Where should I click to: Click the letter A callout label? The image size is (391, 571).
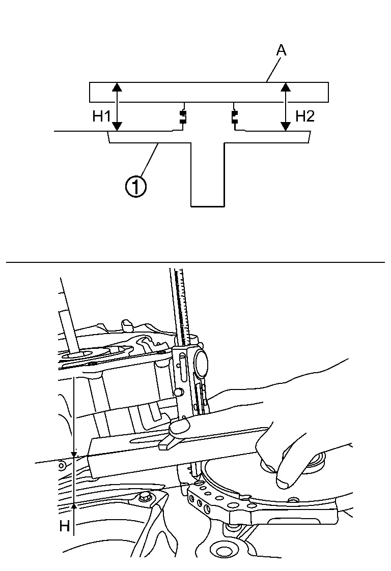281,50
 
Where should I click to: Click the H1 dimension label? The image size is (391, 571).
102,116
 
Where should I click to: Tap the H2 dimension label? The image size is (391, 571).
305,116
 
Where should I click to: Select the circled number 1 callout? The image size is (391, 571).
136,187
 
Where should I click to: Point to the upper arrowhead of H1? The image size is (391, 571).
117,86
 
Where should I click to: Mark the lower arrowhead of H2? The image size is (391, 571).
286,127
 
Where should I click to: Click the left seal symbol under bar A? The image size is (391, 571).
183,117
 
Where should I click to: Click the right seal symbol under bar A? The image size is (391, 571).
234,117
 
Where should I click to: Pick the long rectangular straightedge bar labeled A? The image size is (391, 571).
209,92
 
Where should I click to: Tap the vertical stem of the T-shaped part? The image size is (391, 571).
208,175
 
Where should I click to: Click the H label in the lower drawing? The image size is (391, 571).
65,526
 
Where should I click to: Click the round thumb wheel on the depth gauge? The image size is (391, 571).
201,362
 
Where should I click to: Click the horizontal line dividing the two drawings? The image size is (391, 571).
195,262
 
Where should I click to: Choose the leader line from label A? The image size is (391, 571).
273,69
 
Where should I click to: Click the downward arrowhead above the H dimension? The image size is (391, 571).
74,455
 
